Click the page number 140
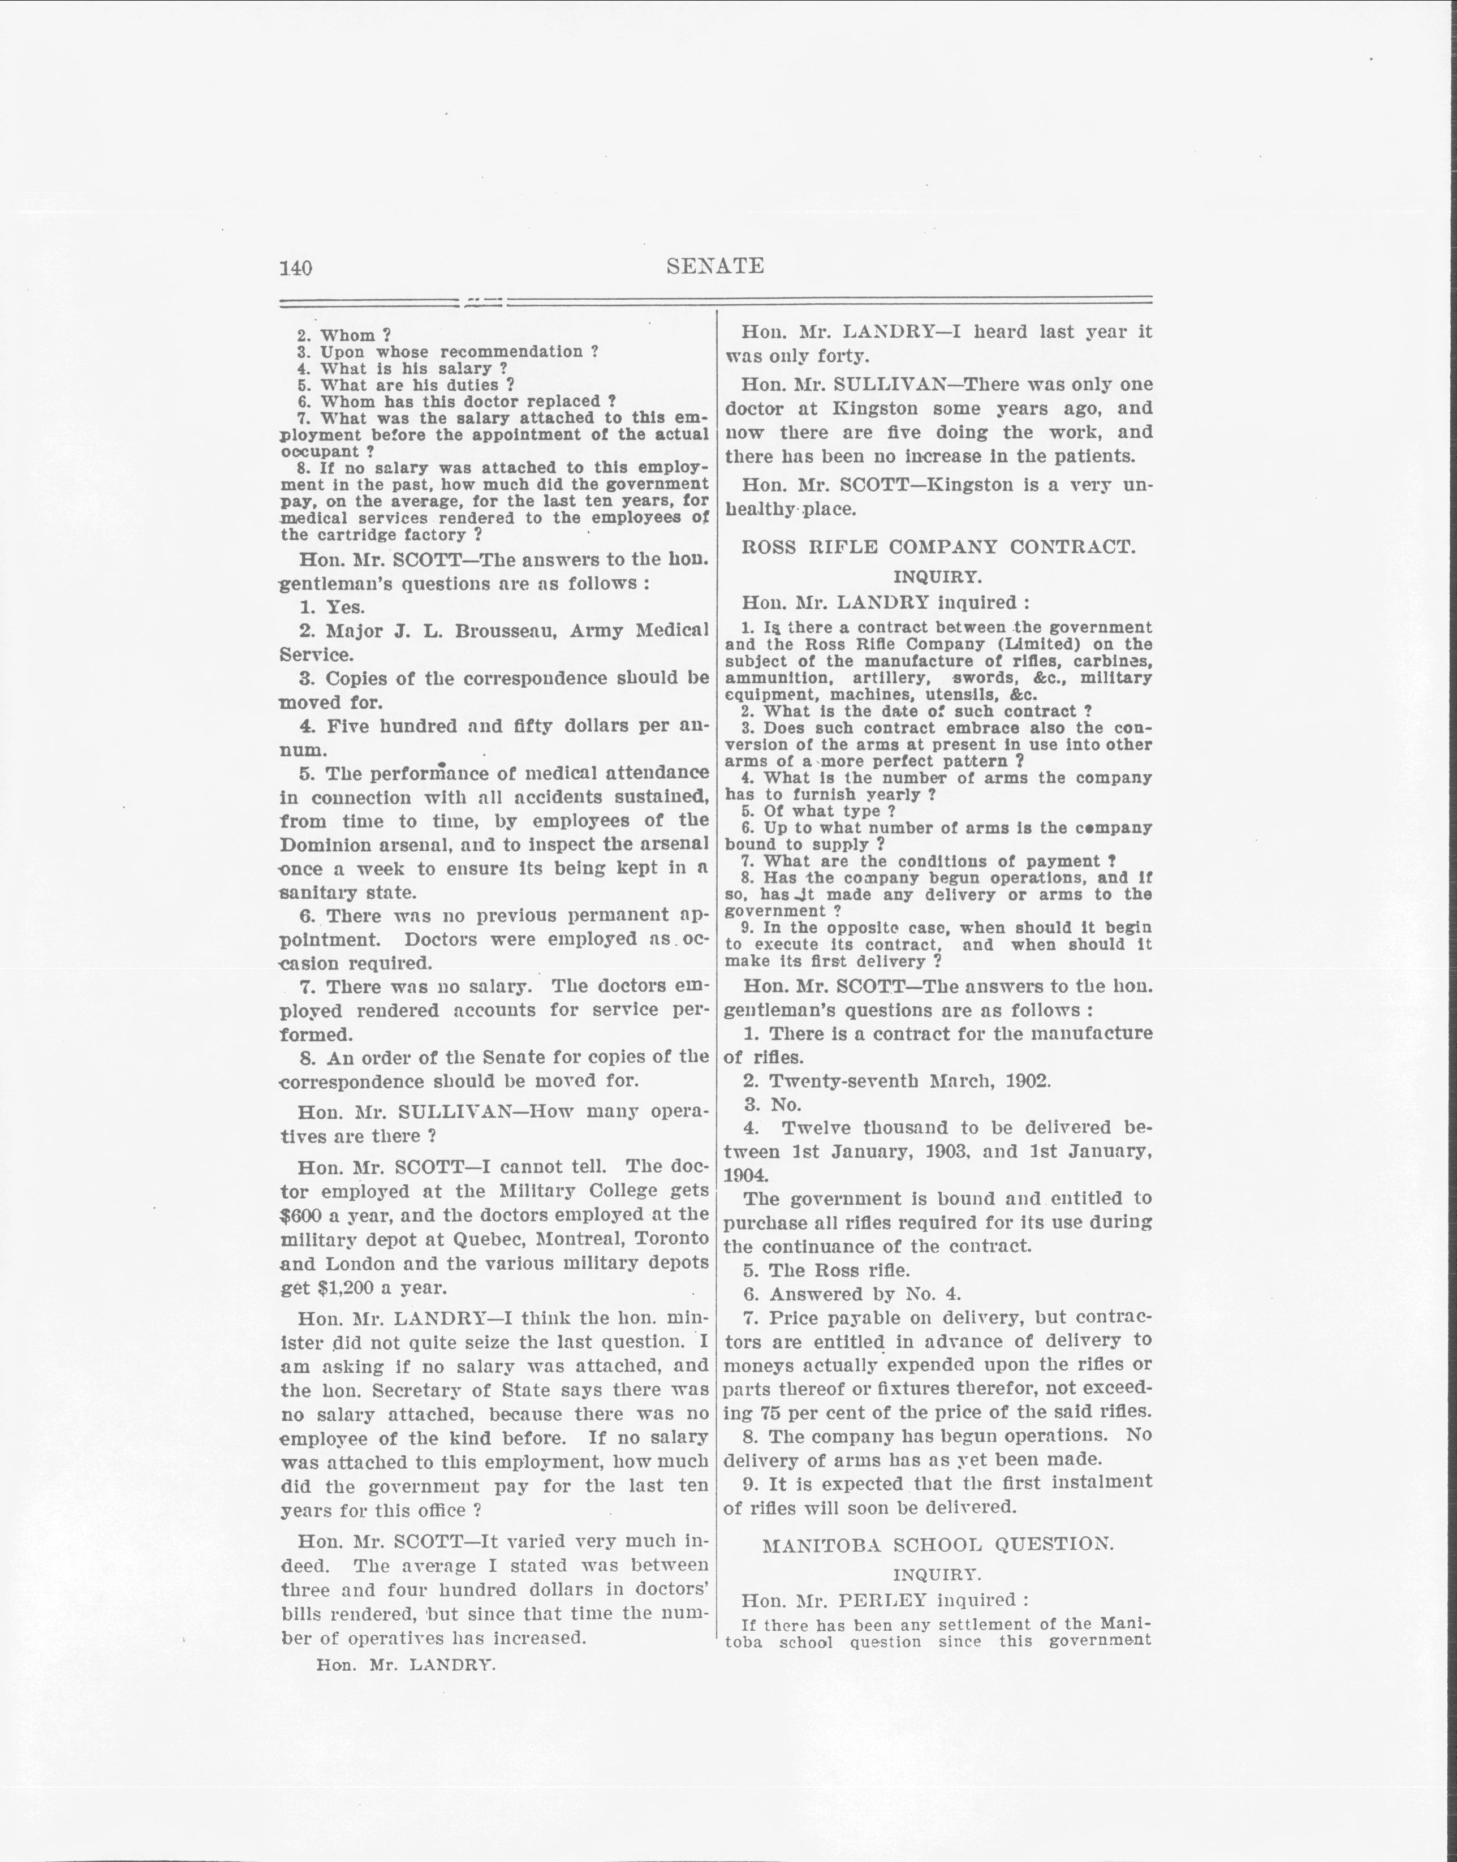(x=296, y=268)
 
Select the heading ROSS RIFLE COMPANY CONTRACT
(x=938, y=547)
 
